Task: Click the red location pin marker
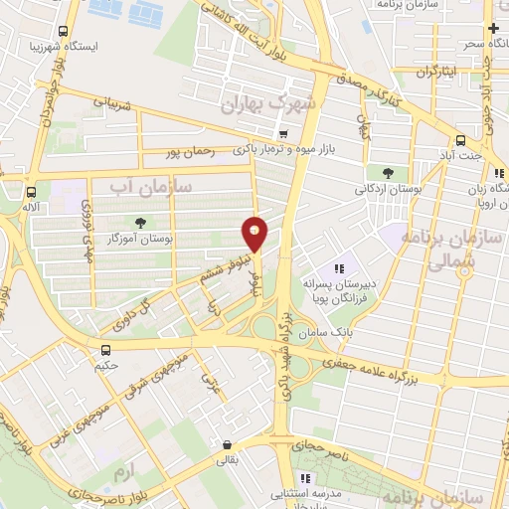(255, 234)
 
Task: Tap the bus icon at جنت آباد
(460, 141)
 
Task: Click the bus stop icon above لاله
(31, 193)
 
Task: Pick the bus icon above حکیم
(105, 349)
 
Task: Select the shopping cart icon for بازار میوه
(284, 133)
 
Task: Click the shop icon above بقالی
(229, 445)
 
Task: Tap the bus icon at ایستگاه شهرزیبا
(65, 32)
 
